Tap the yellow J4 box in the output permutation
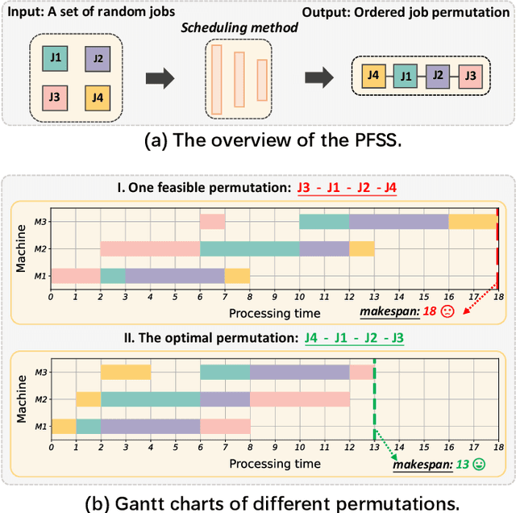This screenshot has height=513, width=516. (x=373, y=77)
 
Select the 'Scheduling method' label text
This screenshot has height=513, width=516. (x=239, y=27)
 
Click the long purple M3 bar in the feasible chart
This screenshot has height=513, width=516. (x=398, y=221)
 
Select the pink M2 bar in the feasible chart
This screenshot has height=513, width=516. (x=149, y=248)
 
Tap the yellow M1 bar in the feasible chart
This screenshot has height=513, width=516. (x=237, y=276)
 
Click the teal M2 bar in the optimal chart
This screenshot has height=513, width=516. (x=150, y=398)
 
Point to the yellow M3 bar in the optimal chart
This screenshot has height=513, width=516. (x=125, y=372)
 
